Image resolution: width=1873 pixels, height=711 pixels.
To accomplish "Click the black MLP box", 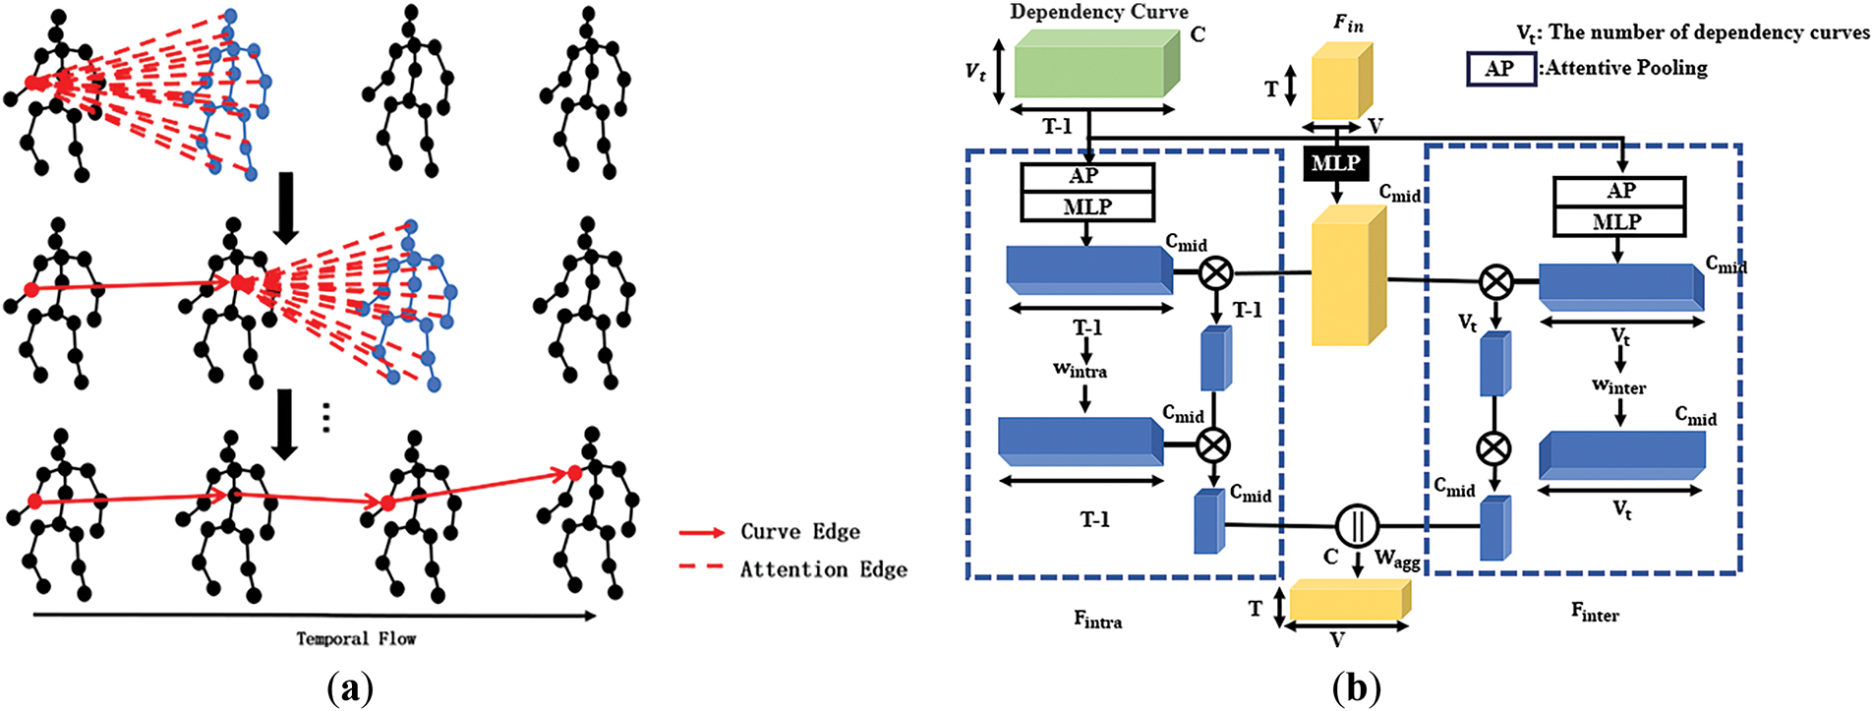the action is click(1336, 163).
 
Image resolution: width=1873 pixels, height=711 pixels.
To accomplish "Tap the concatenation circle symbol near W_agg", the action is click(1358, 525).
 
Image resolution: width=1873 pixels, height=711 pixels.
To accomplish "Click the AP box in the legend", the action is click(1501, 69).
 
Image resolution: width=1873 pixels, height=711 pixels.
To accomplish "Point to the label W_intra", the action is click(1080, 371).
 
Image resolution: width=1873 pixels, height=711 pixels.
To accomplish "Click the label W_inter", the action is click(1618, 386).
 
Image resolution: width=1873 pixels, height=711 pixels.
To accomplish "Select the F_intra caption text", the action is click(1098, 620).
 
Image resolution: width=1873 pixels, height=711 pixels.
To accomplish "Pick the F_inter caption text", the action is click(1595, 613).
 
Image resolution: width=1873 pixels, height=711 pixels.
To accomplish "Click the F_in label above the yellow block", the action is click(1348, 23).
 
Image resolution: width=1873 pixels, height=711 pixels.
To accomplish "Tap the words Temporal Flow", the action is click(356, 638).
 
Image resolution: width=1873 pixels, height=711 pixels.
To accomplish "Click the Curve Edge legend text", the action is click(800, 531).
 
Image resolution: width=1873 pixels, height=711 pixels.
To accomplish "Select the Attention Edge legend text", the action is click(824, 569).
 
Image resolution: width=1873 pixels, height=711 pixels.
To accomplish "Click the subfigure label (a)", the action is click(349, 688).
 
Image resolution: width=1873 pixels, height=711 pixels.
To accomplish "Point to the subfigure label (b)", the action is click(1357, 688).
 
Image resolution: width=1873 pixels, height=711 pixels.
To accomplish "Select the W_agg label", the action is click(1397, 561).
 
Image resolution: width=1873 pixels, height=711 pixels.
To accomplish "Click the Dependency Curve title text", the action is click(1099, 12).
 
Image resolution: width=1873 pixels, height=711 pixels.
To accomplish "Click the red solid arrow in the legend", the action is click(702, 532).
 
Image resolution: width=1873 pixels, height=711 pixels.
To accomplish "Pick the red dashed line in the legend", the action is click(702, 566).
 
